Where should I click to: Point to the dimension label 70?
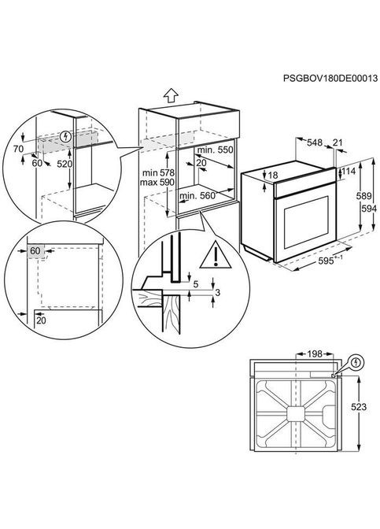[18, 148]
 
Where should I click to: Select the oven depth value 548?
[315, 143]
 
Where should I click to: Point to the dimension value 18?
[273, 175]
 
